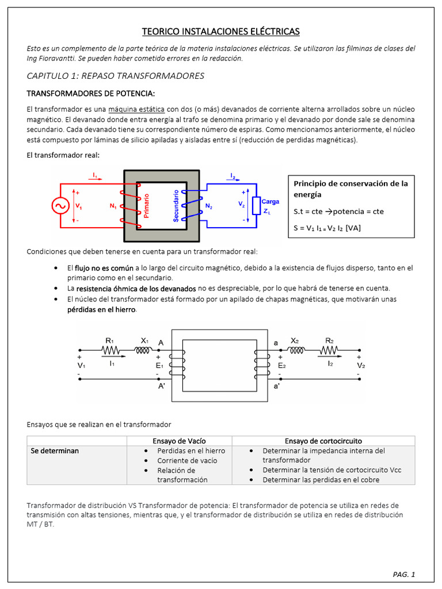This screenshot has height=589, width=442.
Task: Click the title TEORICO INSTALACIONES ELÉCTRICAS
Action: (x=221, y=31)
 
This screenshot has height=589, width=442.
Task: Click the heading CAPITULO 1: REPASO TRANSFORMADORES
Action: (x=116, y=76)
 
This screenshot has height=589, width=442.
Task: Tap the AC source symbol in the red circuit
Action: (x=60, y=206)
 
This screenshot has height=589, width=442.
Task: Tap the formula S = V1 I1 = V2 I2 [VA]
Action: (x=327, y=228)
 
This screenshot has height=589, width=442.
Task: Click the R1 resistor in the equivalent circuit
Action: (x=110, y=350)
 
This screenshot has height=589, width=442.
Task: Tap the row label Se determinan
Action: (x=55, y=450)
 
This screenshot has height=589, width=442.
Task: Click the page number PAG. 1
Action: (x=403, y=574)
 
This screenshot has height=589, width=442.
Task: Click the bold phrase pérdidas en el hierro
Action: (x=101, y=309)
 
